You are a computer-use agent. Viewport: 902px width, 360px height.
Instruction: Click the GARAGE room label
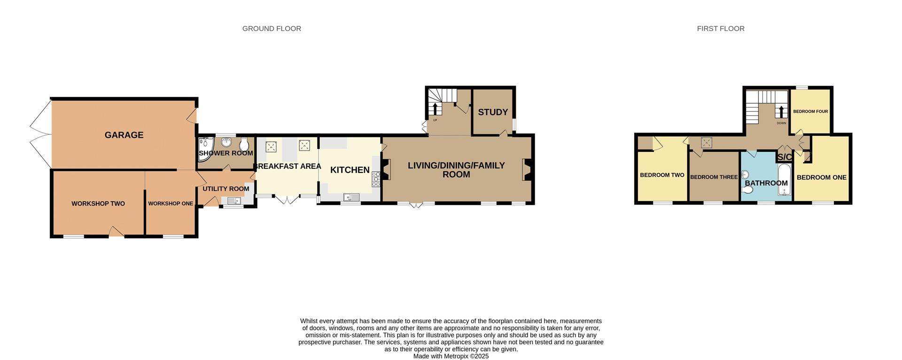point(124,135)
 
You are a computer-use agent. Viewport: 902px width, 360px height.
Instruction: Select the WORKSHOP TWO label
point(98,203)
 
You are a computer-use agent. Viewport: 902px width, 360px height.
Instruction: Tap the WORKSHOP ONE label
point(171,203)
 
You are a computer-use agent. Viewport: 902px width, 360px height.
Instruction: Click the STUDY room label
point(493,112)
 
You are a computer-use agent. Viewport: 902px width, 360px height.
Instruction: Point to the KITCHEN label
point(350,170)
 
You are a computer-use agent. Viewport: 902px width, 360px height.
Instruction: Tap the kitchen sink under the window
point(351,197)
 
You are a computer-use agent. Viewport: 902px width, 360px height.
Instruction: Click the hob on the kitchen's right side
point(376,179)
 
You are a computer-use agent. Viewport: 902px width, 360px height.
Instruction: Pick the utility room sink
point(233,201)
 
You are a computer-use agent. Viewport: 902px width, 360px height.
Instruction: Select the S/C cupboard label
point(785,157)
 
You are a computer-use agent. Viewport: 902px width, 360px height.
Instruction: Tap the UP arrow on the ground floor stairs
point(435,109)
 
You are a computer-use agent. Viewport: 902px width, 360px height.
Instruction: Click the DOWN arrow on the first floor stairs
point(781,112)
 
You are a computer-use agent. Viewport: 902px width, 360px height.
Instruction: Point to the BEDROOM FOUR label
point(810,112)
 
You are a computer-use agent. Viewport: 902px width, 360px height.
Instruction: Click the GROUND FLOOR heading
point(272,29)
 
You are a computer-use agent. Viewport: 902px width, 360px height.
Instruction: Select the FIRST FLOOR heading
point(720,29)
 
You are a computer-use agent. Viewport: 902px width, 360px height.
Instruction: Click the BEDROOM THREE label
point(714,177)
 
